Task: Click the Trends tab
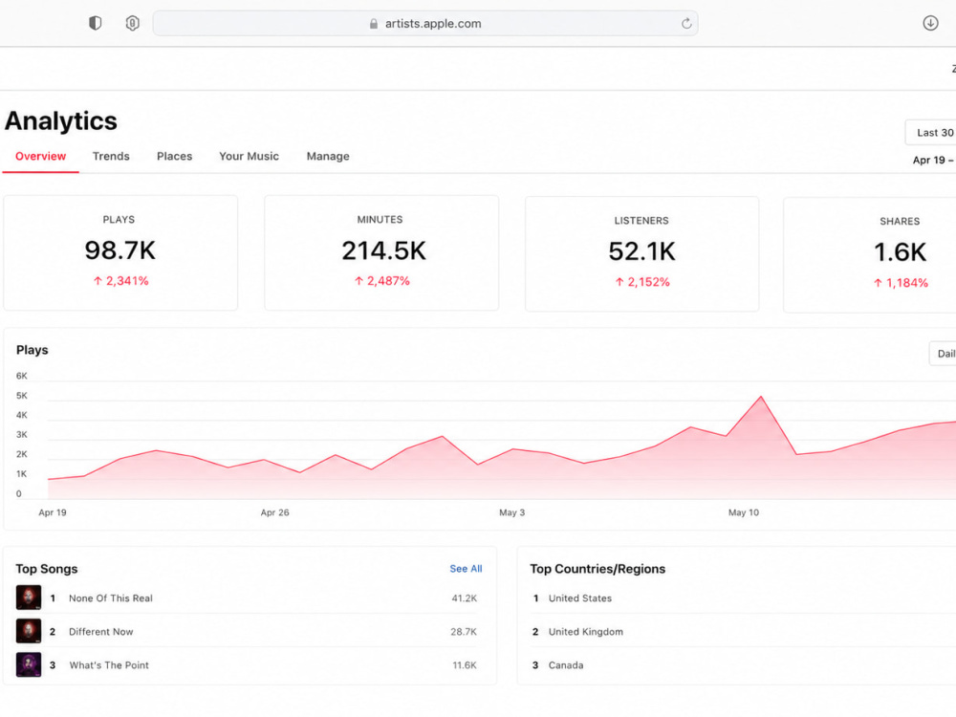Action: click(x=111, y=156)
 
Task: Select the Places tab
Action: click(x=174, y=156)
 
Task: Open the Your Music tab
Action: click(x=249, y=156)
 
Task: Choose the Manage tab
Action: click(x=328, y=156)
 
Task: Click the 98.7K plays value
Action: click(x=120, y=250)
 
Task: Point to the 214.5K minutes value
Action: click(x=383, y=250)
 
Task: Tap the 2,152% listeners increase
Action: click(x=642, y=282)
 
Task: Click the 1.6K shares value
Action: click(x=900, y=251)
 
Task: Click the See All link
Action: click(x=466, y=568)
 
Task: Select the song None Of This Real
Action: click(x=110, y=598)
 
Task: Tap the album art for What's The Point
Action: click(x=29, y=664)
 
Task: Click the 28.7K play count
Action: click(x=464, y=632)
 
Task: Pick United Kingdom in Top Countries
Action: click(x=585, y=632)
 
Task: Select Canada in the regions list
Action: click(x=566, y=665)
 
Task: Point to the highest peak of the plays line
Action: click(x=761, y=397)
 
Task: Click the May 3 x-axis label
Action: click(x=511, y=512)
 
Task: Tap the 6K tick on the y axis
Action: click(x=21, y=376)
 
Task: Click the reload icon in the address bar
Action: click(x=686, y=23)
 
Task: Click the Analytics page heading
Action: click(x=61, y=120)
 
